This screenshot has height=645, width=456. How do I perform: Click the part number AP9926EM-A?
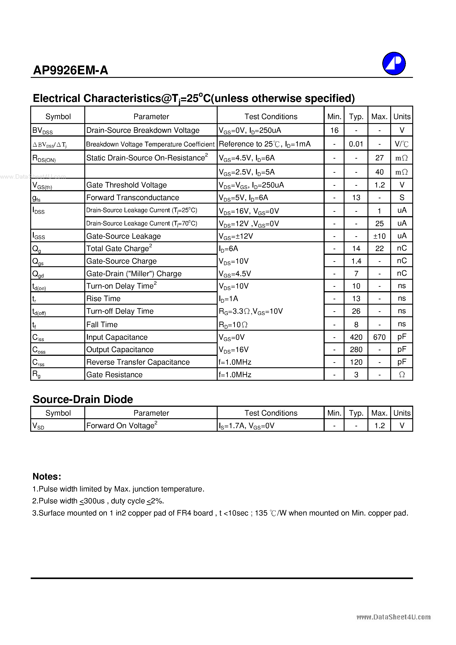(x=71, y=70)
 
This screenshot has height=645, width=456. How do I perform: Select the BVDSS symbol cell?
(x=43, y=130)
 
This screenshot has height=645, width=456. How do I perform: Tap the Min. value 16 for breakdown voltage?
(x=334, y=130)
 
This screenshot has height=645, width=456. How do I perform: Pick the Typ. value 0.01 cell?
(x=356, y=144)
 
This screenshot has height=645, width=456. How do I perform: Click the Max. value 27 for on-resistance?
(x=379, y=158)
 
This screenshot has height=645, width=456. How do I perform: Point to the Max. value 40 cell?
(x=379, y=172)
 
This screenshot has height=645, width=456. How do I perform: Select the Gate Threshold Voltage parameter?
(x=126, y=185)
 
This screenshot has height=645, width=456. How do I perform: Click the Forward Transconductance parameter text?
(x=133, y=197)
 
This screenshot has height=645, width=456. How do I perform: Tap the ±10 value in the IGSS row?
(x=379, y=236)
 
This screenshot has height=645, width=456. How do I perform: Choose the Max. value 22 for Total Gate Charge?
(x=379, y=249)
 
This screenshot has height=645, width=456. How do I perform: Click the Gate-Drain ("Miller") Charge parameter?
(x=134, y=274)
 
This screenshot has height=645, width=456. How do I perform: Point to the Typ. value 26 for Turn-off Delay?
(x=356, y=311)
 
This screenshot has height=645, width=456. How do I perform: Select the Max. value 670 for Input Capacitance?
(x=379, y=337)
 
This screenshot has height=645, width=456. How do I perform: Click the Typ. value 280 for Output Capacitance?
(x=356, y=349)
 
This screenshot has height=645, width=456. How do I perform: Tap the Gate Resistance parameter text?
(x=114, y=375)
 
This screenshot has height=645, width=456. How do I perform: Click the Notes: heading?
(x=47, y=476)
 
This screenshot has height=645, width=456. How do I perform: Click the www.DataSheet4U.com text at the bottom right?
(x=393, y=617)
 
